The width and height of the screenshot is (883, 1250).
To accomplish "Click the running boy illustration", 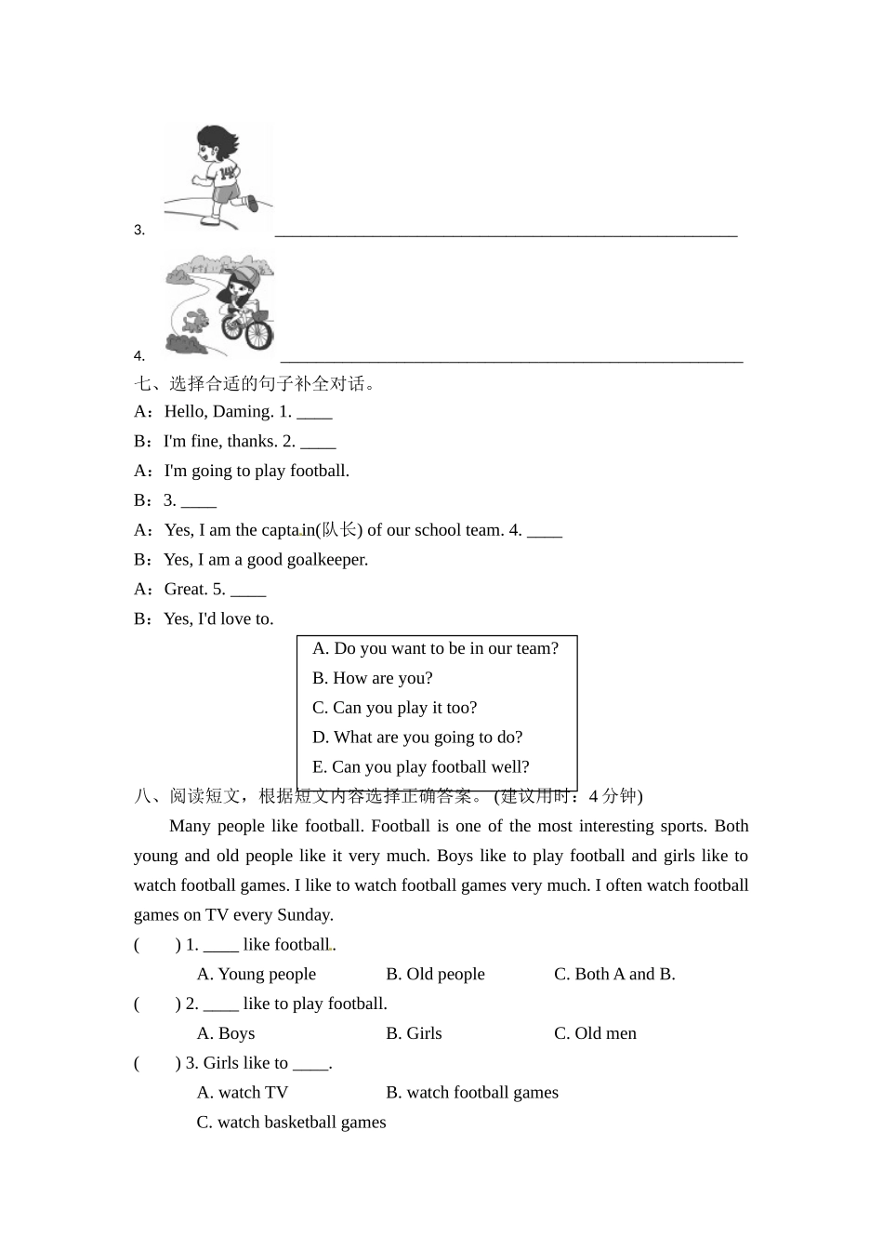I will pos(218,177).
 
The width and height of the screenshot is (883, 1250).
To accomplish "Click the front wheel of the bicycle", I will pos(260,332).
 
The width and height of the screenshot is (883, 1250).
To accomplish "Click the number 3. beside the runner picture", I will pos(139,230).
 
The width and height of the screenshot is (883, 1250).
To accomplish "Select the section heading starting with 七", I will pos(255,383).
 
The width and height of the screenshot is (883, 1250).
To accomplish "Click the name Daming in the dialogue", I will pos(243,411).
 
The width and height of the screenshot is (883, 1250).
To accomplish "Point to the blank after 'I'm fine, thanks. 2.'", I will pos(318,441).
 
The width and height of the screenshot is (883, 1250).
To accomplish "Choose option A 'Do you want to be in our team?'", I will pos(435,648).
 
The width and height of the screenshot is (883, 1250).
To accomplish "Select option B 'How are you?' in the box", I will pos(372,678).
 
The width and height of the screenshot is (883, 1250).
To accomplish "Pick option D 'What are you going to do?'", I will pos(417,738).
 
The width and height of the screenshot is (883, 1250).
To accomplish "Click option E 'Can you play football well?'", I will pos(420,767).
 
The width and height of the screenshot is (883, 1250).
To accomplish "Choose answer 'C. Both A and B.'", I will pos(614,975).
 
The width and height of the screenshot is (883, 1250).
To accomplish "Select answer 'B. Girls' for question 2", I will pos(414,1033).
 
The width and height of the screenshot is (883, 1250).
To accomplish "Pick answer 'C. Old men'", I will pos(595,1033).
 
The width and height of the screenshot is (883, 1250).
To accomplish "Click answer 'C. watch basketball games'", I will pos(291,1123).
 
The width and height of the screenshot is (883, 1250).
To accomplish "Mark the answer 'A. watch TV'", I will pos(243,1093).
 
